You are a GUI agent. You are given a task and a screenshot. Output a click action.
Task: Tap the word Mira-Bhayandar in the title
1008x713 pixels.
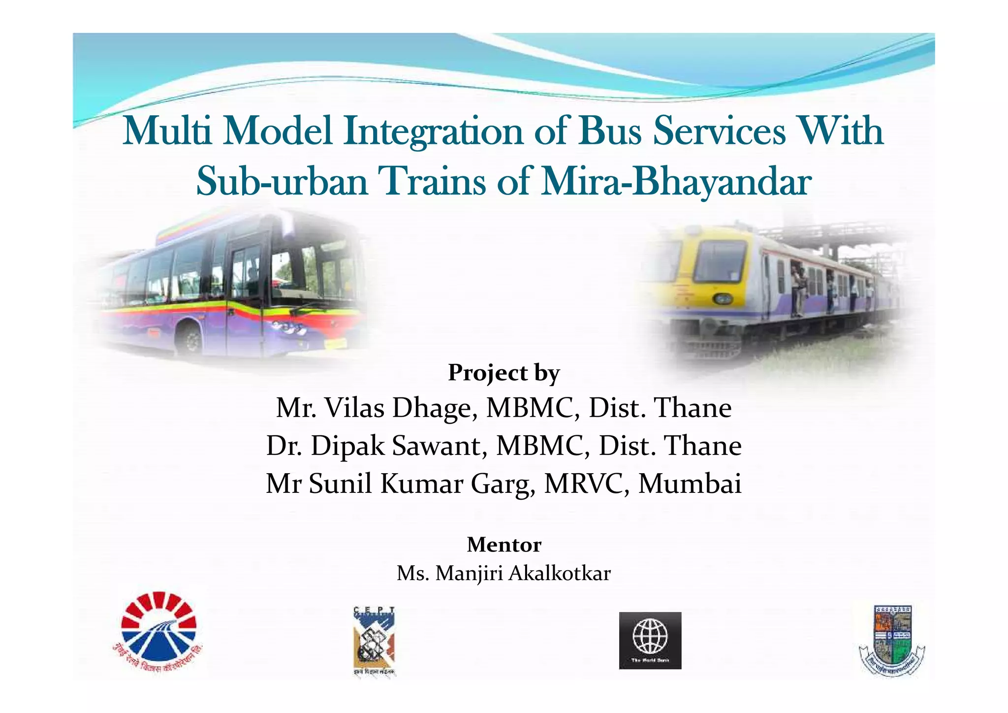coord(675,181)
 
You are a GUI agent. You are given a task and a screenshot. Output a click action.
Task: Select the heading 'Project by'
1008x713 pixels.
coord(504,373)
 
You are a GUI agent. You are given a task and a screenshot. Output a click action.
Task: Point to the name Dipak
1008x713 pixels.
coord(347,446)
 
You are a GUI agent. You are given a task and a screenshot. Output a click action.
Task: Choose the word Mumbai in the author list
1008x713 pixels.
coord(690,484)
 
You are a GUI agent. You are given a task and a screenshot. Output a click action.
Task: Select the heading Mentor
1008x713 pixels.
coord(504,545)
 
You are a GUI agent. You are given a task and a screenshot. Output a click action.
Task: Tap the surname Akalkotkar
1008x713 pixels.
coord(559,573)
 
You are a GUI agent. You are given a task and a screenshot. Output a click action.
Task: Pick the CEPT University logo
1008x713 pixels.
coord(374,640)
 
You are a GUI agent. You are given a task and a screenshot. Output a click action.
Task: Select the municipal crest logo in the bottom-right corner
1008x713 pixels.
coord(892,640)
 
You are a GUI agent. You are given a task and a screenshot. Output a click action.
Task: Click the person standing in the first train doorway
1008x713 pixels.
coord(797,291)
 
